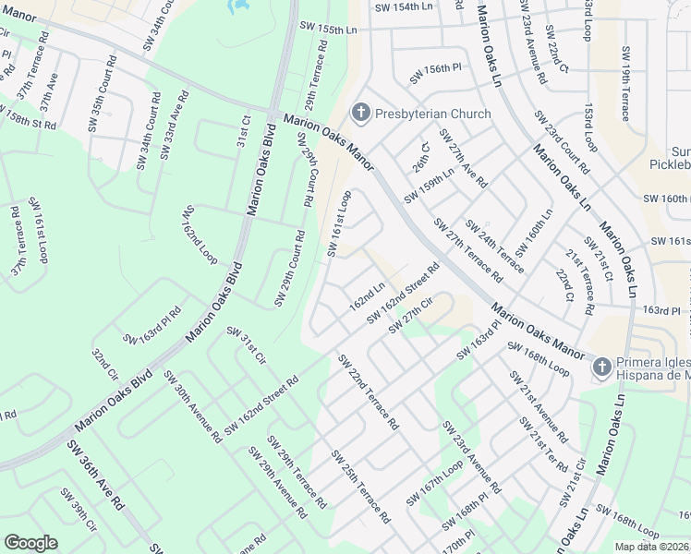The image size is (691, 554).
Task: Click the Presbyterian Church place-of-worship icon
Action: coord(360,114)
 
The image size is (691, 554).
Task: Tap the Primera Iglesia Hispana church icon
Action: coord(600,367)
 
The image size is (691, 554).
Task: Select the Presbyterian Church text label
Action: coord(432,114)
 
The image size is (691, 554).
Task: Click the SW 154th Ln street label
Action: coord(404,6)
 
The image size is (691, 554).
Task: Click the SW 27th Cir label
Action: coord(412,316)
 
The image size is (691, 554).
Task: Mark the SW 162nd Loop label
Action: coord(200,233)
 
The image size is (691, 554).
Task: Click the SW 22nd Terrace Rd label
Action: coord(367,392)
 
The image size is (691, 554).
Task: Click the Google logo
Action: coord(31,542)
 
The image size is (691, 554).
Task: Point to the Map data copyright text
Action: coord(651,547)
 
